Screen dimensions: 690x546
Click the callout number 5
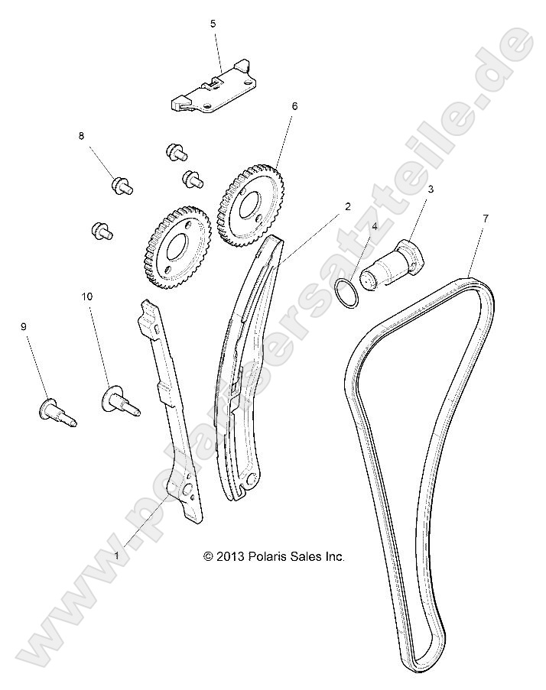coord(213,24)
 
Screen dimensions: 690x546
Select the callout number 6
coord(294,107)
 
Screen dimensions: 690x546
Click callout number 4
coord(374,226)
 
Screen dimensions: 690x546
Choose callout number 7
coord(485,219)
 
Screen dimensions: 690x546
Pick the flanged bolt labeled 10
coord(119,400)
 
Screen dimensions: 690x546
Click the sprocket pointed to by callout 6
coord(249,202)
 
